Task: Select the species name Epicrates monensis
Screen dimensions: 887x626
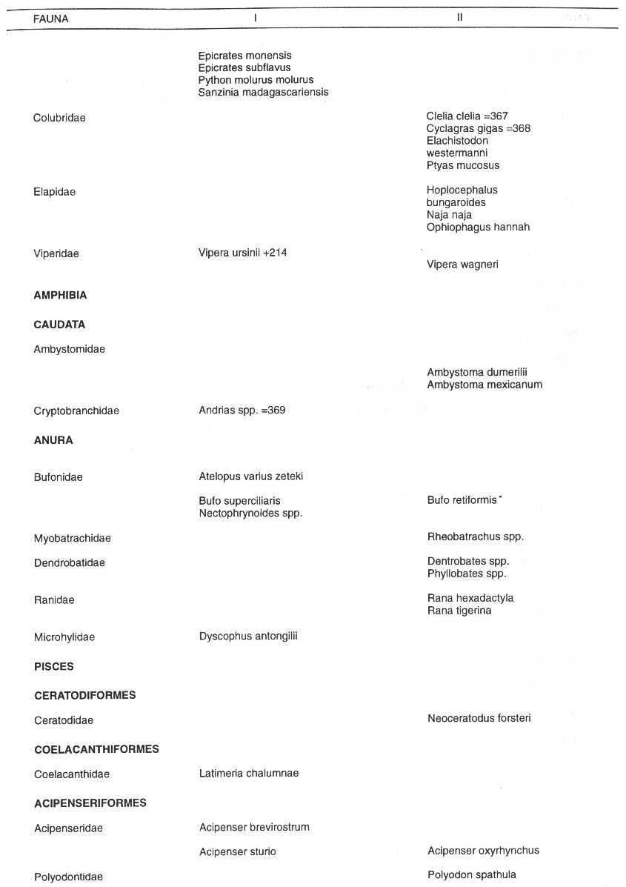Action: (244, 56)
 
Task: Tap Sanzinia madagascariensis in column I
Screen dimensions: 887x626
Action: (263, 93)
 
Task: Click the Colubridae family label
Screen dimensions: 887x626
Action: (59, 118)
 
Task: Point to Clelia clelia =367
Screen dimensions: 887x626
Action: (467, 116)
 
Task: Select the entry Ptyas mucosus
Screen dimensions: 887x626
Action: (463, 166)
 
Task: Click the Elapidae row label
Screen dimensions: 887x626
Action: (54, 192)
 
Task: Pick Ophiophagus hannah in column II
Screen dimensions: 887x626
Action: (478, 227)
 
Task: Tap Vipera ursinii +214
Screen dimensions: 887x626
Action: (242, 253)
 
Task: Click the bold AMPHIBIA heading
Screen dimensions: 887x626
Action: (60, 295)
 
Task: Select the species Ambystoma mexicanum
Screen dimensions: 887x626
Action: (485, 385)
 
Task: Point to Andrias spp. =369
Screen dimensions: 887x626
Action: (242, 411)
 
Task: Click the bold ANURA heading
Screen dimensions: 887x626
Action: (53, 440)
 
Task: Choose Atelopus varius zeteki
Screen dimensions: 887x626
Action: (250, 476)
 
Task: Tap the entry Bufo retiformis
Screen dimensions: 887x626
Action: (462, 501)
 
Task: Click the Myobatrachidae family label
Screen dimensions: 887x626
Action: (72, 538)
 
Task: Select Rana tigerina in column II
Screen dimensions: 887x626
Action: (459, 611)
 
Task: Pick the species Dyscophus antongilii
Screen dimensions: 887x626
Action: (247, 637)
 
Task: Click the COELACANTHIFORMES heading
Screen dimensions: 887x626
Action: (96, 749)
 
